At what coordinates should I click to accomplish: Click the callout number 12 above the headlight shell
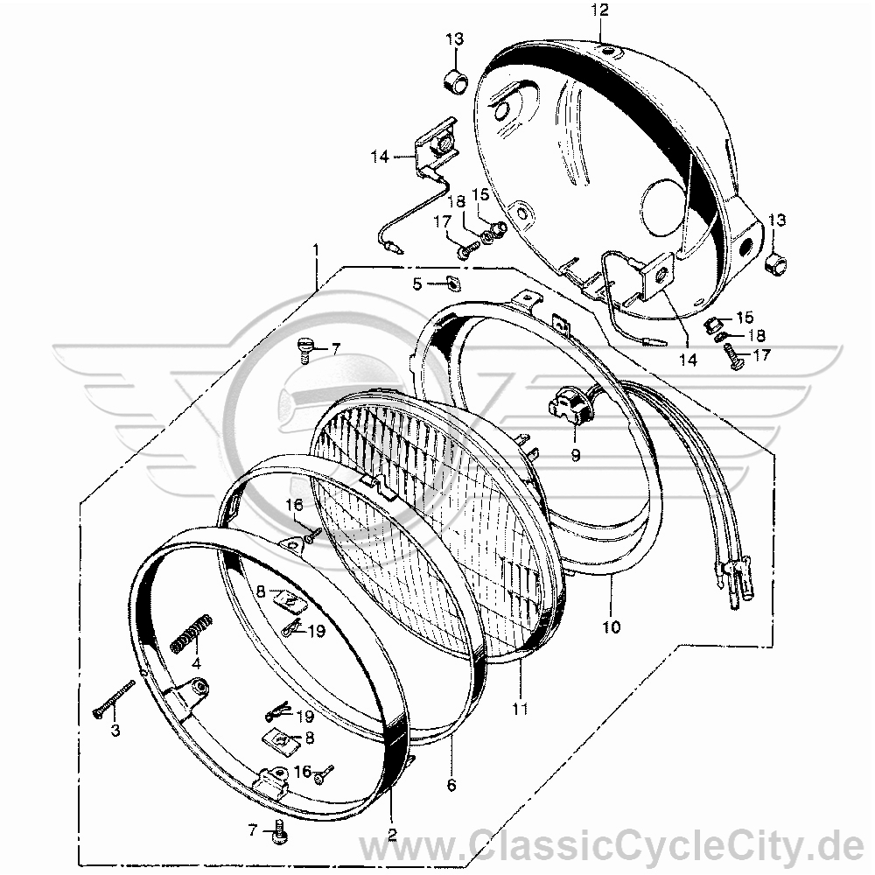point(600,10)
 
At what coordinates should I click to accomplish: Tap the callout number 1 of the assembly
point(317,248)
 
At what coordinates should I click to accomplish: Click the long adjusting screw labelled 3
point(115,697)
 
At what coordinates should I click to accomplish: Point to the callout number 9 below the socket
point(576,455)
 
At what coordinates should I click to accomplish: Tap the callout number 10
point(612,627)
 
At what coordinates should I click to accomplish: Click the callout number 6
point(451,785)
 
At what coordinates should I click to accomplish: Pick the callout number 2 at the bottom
point(392,834)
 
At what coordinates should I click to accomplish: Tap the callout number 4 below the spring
point(195,664)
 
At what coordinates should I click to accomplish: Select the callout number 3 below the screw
point(115,731)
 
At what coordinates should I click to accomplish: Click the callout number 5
point(417,284)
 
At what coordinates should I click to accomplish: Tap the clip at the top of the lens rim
point(380,485)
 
